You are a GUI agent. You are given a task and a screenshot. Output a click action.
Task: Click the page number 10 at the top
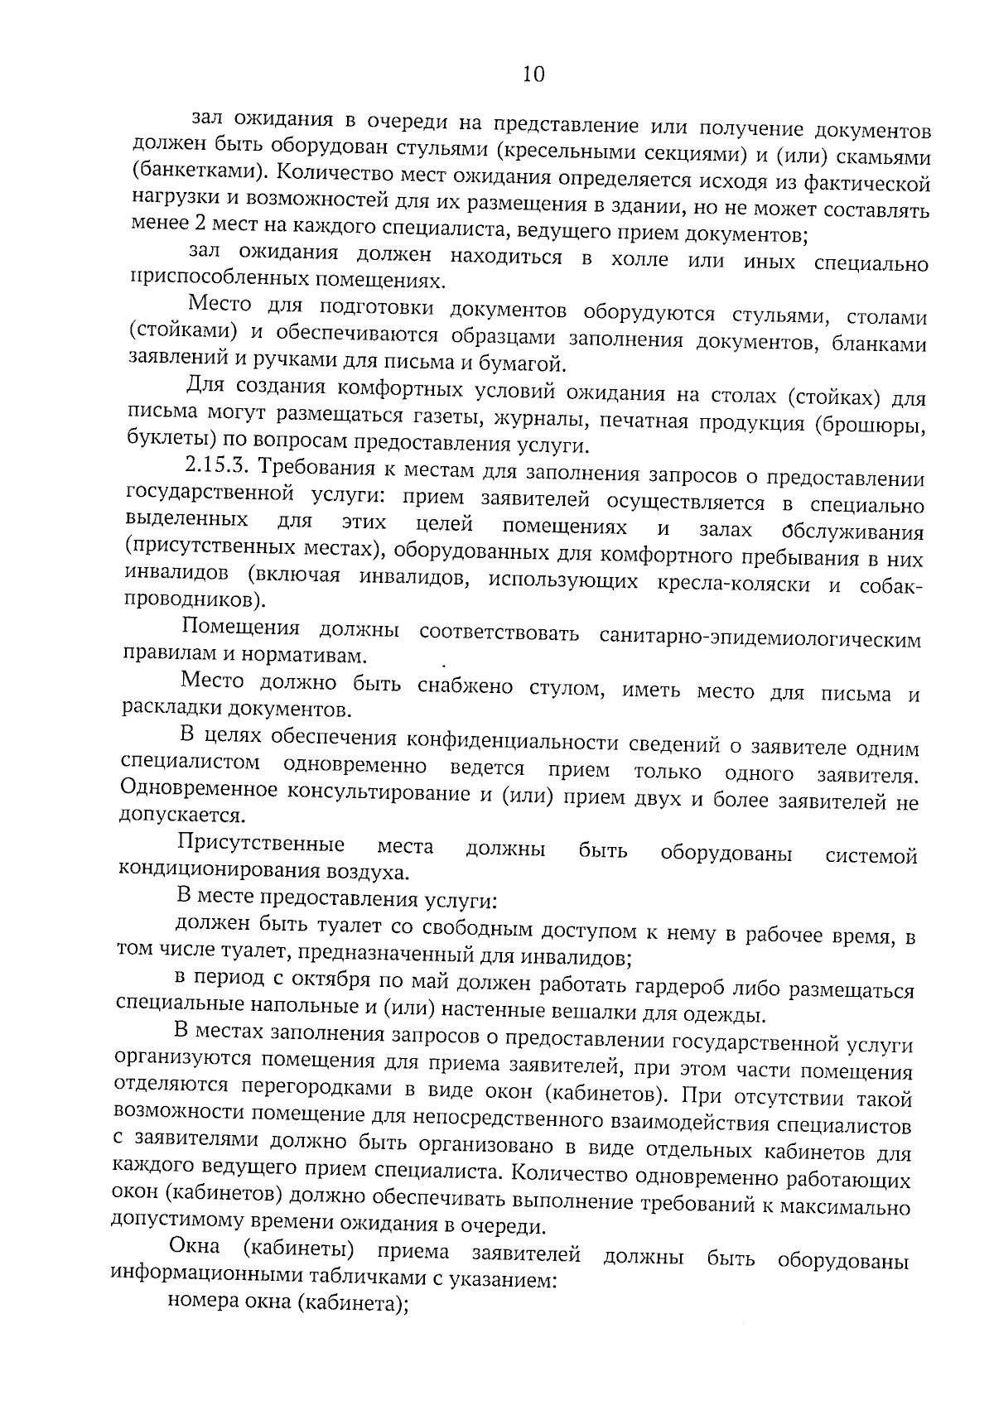coord(533,75)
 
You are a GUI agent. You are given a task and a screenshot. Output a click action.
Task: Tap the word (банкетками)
coord(192,172)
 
